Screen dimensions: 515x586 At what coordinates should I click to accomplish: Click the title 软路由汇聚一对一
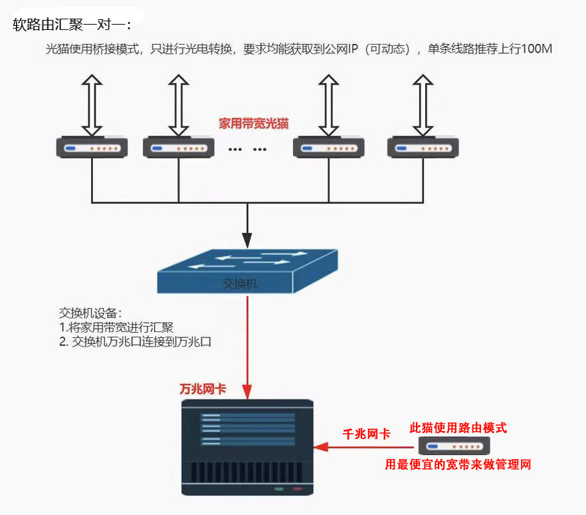72,25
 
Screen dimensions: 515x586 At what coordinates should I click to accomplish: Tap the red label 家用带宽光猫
254,124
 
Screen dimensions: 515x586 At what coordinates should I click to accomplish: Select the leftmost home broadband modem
92,146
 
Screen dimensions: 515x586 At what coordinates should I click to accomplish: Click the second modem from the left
178,146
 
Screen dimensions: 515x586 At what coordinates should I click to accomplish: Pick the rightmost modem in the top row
423,146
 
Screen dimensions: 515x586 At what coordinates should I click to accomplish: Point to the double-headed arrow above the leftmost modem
92,104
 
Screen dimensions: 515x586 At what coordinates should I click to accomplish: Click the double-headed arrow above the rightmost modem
423,104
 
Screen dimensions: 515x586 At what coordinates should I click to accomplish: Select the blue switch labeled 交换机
246,270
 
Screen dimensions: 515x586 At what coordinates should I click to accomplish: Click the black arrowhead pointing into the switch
247,239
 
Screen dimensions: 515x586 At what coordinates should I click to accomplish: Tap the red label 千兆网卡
366,434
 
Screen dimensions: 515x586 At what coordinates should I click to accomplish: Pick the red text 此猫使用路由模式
458,428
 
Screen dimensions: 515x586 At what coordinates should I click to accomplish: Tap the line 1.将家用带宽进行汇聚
116,327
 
